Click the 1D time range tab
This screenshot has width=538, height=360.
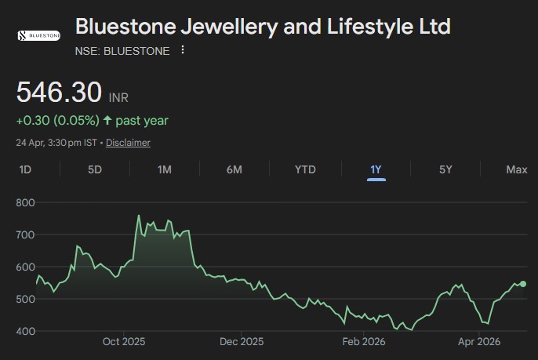[25, 169]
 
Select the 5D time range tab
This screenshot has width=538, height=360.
[95, 169]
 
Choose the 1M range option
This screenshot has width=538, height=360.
[165, 169]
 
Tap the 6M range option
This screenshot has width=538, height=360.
[234, 169]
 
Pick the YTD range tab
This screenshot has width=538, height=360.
[305, 169]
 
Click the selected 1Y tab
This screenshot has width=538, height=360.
[376, 169]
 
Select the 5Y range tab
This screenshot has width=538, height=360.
[445, 169]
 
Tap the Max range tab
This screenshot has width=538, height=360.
[517, 169]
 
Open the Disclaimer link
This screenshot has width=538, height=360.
[128, 143]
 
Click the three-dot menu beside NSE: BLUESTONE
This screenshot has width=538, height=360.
[183, 50]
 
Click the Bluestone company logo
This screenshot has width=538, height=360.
[38, 36]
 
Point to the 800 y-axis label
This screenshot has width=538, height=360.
[26, 202]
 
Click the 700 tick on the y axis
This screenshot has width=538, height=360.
[26, 235]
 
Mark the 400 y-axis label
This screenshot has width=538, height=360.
[26, 331]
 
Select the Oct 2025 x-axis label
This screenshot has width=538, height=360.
[124, 342]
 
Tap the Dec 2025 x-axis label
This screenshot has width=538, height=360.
[242, 342]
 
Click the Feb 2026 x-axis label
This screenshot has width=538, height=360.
[362, 342]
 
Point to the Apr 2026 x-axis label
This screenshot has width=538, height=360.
[479, 342]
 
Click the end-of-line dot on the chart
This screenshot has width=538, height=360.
[523, 284]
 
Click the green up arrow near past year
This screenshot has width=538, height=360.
[107, 121]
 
